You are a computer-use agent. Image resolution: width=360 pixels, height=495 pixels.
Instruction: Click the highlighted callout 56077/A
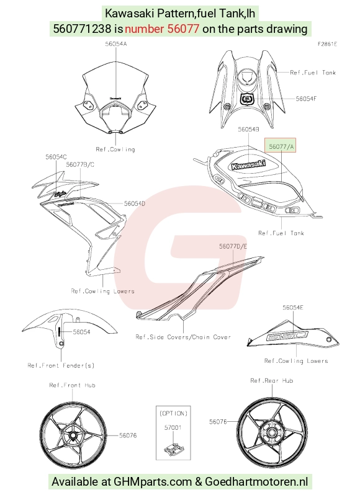point(281,146)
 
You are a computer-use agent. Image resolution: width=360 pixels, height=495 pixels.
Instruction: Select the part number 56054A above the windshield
point(116,44)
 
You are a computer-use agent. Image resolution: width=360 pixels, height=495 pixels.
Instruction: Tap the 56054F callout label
point(306,99)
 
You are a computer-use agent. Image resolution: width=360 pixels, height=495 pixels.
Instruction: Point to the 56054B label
point(248,129)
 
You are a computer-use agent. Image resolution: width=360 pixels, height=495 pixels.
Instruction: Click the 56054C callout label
point(56,157)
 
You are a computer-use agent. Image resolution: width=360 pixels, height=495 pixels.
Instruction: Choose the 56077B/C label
point(80,164)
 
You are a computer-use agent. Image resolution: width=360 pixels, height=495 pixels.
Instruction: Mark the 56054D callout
point(135,203)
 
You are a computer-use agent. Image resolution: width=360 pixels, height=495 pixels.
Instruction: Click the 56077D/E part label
point(233,246)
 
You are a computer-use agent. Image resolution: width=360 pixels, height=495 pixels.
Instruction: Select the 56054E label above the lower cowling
point(293,307)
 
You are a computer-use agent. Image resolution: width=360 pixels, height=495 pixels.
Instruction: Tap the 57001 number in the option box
point(173,427)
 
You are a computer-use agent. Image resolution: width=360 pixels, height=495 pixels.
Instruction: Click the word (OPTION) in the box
point(173,413)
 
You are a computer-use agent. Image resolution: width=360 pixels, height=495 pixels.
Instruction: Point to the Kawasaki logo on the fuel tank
point(248,165)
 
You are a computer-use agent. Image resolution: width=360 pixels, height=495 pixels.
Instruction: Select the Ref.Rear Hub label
point(272,381)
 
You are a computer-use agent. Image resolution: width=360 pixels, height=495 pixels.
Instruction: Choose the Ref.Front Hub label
point(72,385)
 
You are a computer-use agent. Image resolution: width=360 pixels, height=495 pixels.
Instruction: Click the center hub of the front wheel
point(73,435)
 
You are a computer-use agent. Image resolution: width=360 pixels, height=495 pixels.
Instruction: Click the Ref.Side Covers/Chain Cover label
point(183,337)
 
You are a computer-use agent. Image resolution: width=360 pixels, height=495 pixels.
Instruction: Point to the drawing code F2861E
point(327,44)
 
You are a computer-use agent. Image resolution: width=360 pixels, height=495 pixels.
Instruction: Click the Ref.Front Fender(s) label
point(61,365)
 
